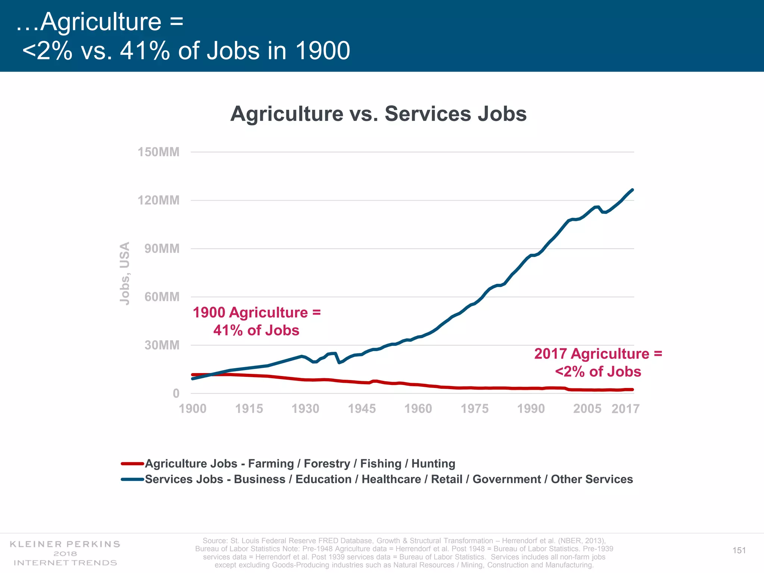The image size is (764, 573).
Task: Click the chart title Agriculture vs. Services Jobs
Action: (378, 114)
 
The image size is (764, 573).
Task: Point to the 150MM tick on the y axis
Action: (159, 152)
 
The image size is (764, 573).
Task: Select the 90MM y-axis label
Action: (162, 249)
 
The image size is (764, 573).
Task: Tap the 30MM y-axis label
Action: (162, 345)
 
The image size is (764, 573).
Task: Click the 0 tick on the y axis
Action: (176, 394)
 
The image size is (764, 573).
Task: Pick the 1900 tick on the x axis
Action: (192, 409)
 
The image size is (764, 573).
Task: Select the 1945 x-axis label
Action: (361, 409)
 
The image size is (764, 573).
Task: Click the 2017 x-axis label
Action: (625, 409)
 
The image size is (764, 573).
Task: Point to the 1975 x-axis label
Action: (475, 409)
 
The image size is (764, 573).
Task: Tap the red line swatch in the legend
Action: (132, 464)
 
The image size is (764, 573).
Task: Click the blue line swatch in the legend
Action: (132, 479)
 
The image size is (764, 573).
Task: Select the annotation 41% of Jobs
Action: (256, 331)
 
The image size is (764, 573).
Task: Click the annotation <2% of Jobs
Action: (598, 372)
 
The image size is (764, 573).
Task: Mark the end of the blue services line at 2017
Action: (632, 190)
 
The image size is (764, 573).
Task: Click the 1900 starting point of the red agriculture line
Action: (192, 375)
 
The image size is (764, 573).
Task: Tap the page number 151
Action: (739, 550)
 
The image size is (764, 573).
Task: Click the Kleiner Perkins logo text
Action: (65, 544)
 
